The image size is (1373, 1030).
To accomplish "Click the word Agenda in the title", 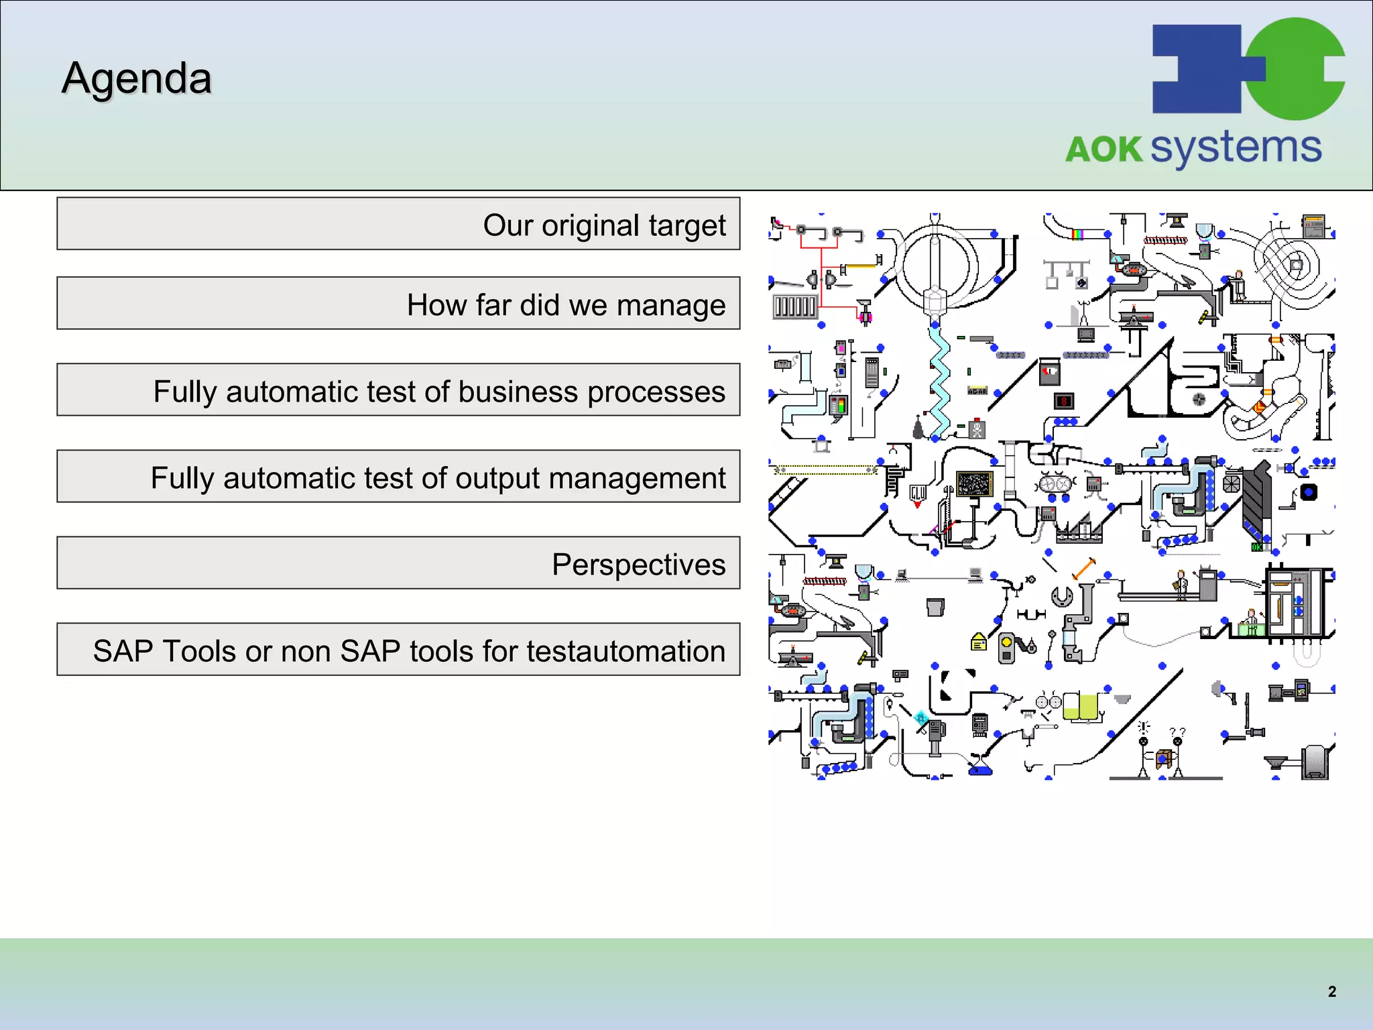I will pyautogui.click(x=137, y=78).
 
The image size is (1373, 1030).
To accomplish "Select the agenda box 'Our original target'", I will pyautogui.click(x=398, y=224).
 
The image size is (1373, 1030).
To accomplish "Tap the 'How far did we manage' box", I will pyautogui.click(x=398, y=303).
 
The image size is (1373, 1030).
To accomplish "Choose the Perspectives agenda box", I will pyautogui.click(x=398, y=563).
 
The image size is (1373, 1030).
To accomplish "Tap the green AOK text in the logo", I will pyautogui.click(x=1103, y=150).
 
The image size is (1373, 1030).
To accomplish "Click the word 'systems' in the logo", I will pyautogui.click(x=1236, y=148).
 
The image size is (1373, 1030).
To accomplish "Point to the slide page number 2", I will pyautogui.click(x=1331, y=992).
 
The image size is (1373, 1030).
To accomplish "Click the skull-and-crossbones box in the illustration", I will pyautogui.click(x=977, y=429).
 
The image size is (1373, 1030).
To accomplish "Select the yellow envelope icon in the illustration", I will pyautogui.click(x=979, y=642).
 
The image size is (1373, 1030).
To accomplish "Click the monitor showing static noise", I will pyautogui.click(x=974, y=483).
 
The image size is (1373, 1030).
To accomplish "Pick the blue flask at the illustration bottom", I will pyautogui.click(x=979, y=767).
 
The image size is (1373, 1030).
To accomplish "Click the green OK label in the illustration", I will pyautogui.click(x=1256, y=547).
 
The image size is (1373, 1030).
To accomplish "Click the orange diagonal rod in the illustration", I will pyautogui.click(x=1083, y=569).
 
